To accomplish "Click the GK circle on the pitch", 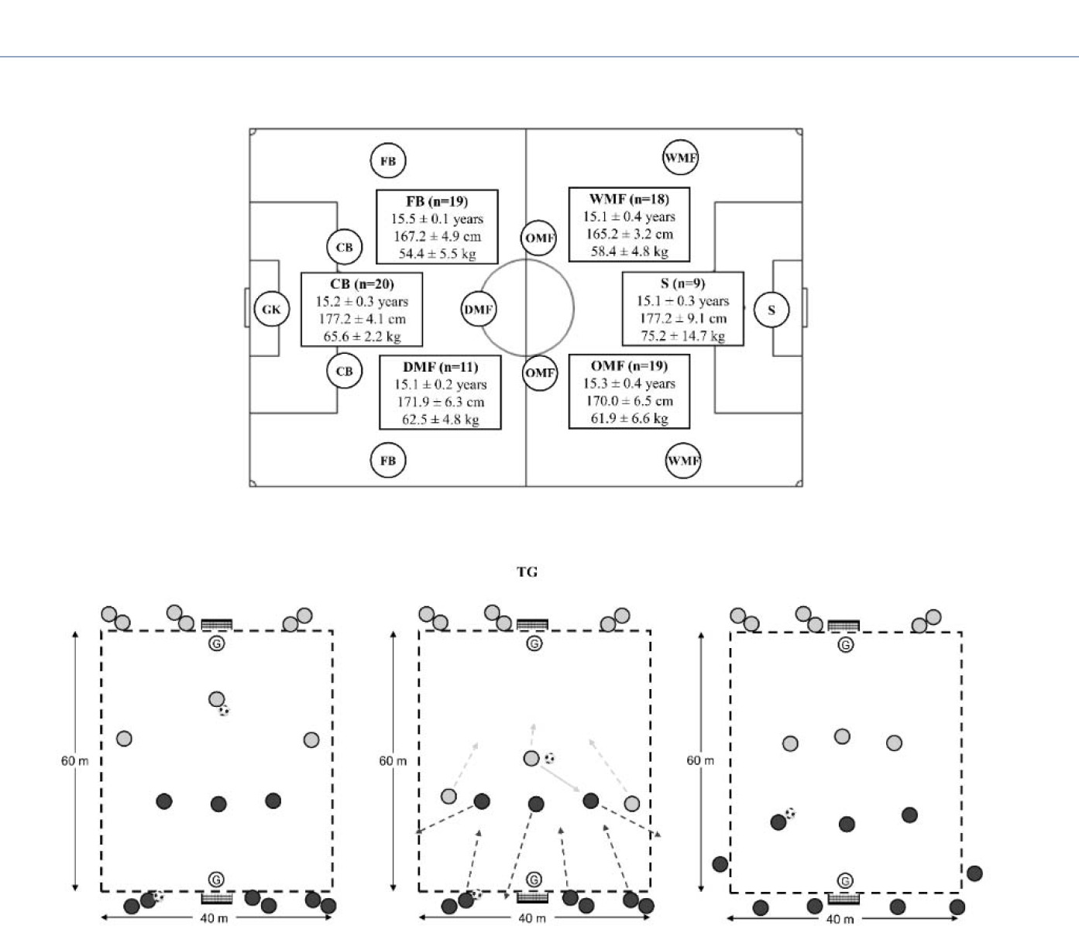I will [x=271, y=310].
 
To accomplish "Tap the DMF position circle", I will [x=479, y=310].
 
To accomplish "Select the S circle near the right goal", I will [x=771, y=310].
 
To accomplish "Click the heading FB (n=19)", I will [x=437, y=201].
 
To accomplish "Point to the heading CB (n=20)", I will [x=362, y=284].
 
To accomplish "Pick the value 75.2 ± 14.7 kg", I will [x=682, y=335].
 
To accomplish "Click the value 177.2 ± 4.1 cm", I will [x=362, y=319].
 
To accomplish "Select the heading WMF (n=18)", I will [x=629, y=199].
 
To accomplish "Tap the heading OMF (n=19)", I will [x=629, y=365].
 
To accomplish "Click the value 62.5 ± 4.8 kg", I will [x=440, y=420].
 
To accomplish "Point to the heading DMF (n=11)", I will [x=440, y=367].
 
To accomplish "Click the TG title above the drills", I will [x=527, y=572].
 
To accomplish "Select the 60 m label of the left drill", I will [x=75, y=761].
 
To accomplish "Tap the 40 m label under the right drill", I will [x=840, y=919].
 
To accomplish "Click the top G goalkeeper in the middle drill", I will [x=534, y=643].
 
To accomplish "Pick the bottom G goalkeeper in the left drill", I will [x=216, y=880].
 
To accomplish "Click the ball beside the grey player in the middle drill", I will [x=550, y=758].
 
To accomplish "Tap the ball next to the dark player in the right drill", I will [x=790, y=813].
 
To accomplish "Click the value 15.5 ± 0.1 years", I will [x=437, y=219].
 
